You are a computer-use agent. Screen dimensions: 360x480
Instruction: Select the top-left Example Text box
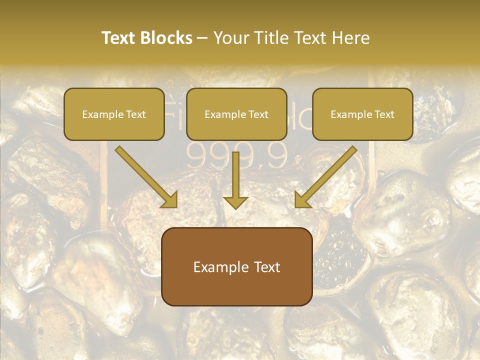[x=114, y=114]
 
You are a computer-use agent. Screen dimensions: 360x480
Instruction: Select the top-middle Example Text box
[x=236, y=114]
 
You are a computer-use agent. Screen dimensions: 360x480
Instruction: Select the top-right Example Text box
[x=362, y=114]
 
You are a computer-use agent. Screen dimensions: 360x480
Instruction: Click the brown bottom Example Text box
[x=236, y=266]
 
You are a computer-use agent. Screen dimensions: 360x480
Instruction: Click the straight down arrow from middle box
[x=235, y=175]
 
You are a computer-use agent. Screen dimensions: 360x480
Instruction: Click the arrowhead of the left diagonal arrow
[x=170, y=199]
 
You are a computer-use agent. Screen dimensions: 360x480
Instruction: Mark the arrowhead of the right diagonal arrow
[x=302, y=199]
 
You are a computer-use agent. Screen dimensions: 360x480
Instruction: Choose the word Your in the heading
[x=230, y=38]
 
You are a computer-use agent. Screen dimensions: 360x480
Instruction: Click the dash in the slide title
[x=202, y=38]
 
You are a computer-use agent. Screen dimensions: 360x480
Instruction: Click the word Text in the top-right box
[x=383, y=114]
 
